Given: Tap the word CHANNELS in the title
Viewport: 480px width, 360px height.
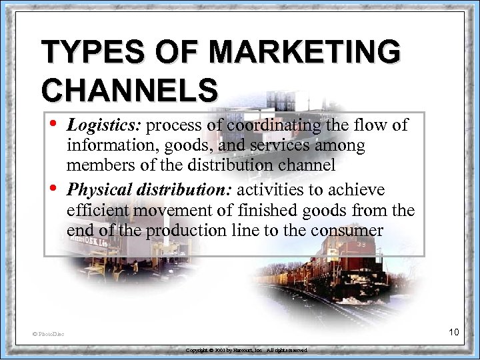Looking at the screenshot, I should [129, 90].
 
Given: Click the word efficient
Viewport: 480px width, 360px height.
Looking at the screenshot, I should [98, 211].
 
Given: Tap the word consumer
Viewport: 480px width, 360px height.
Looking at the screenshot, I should [350, 231].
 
